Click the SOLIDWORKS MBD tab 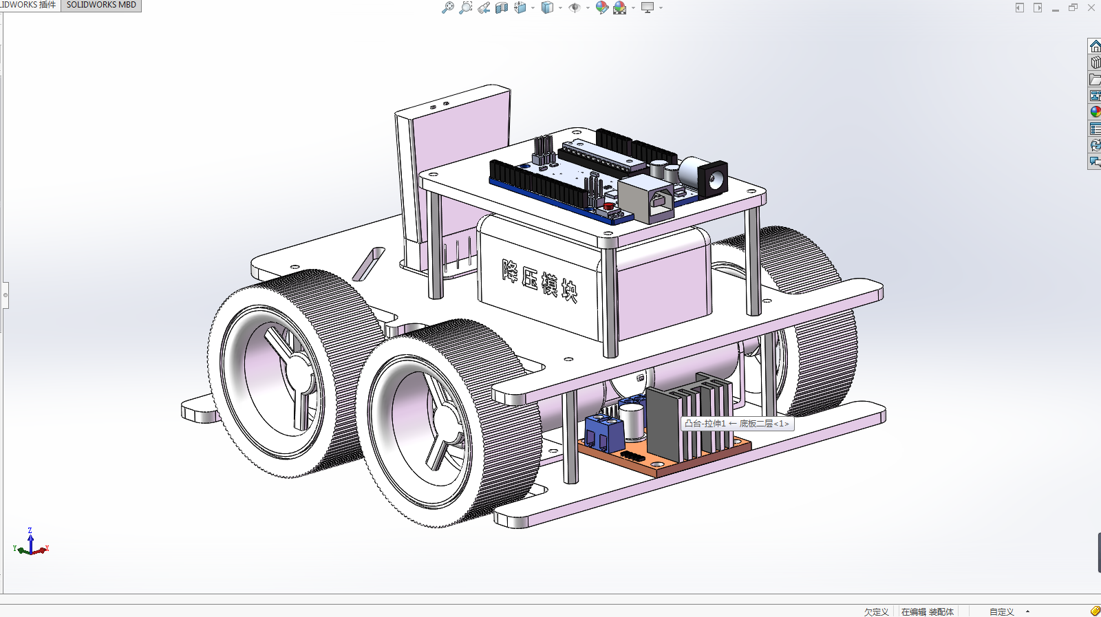[101, 5]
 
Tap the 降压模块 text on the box [539, 281]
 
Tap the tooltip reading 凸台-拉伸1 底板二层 [737, 424]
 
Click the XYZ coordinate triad [31, 545]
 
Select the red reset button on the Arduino [609, 206]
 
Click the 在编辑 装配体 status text [927, 611]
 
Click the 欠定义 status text [876, 611]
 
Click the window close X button [1091, 8]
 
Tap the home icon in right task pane [1095, 46]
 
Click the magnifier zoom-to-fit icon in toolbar [447, 8]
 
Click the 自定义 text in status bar [1001, 611]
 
